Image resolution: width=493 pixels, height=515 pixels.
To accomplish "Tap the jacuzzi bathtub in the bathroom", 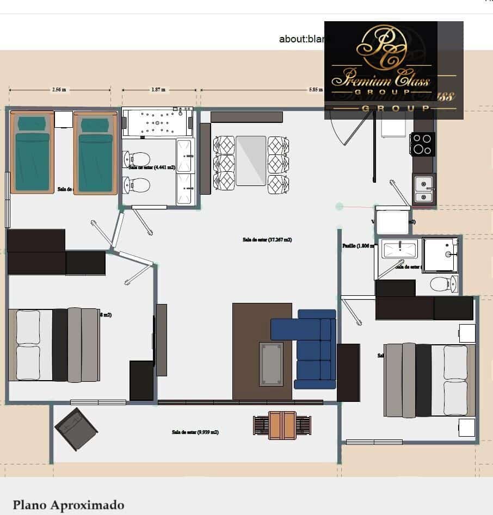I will coord(157,123).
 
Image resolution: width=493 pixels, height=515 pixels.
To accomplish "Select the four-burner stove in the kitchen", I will coord(422,144).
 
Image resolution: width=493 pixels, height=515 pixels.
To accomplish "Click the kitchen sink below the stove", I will coord(423,188).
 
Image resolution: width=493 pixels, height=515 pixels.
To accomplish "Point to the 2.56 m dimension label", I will coord(59,90).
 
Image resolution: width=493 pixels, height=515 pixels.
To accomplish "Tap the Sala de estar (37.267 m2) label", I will coord(267,239).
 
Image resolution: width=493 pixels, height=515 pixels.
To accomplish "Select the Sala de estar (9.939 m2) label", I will coord(195,432).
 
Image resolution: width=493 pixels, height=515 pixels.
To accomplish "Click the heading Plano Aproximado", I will coord(69,505).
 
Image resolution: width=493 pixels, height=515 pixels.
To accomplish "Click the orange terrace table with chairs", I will coord(282,425).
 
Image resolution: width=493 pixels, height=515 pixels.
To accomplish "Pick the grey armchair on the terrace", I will coord(76,429).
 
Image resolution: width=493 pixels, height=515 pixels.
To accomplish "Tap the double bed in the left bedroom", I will coord(54,345).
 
